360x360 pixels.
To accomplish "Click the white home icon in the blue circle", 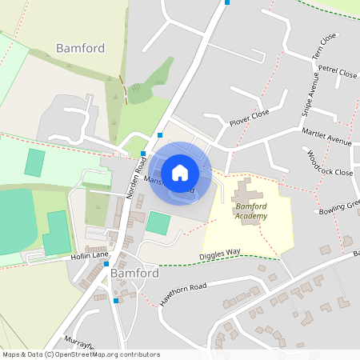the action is coord(180,172).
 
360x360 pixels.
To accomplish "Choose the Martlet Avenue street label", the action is coord(326,136).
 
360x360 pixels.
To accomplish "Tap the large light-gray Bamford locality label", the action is coord(80,48).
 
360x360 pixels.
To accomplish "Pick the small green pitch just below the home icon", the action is coord(158,223).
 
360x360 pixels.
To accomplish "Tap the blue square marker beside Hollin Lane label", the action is coord(106,263).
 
